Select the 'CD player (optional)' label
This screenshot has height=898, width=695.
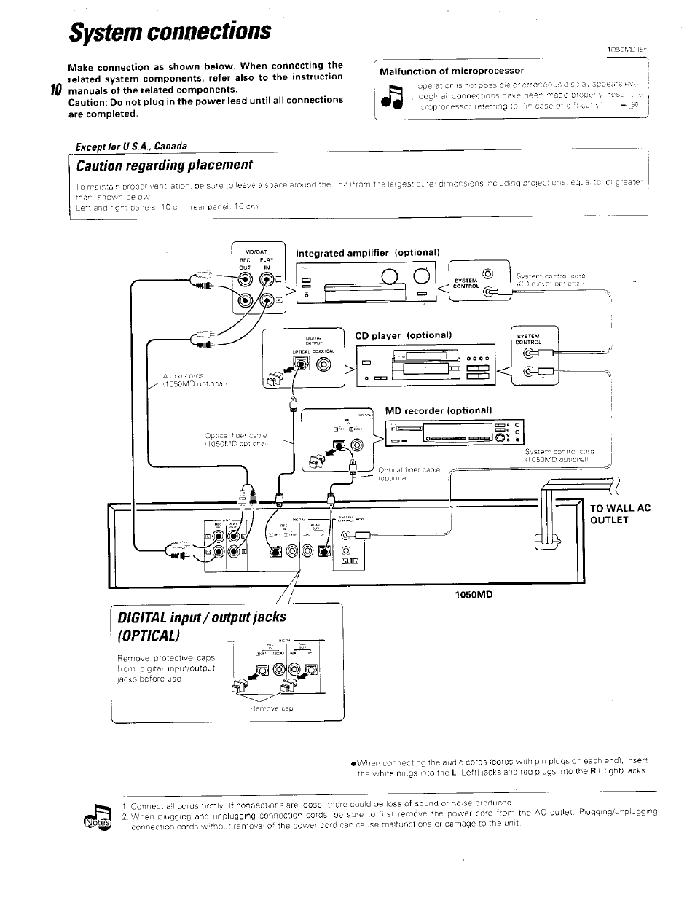pos(404,335)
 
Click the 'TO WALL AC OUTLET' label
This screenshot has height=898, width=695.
pos(619,514)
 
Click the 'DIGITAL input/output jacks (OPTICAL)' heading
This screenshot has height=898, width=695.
pos(202,627)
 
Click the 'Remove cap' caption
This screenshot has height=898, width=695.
pos(271,708)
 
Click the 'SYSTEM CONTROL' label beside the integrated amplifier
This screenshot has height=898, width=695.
pos(466,283)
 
